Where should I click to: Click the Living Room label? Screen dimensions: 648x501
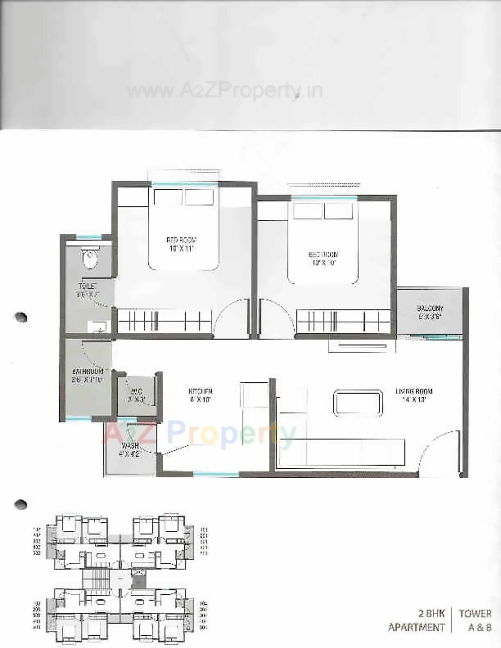tap(414, 391)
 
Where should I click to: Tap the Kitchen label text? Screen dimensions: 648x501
tap(200, 391)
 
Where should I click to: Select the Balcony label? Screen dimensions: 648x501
tap(430, 308)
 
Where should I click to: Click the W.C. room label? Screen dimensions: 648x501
tap(136, 391)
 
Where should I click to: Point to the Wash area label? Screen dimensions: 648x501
tap(130, 446)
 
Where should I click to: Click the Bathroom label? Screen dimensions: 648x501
tap(88, 371)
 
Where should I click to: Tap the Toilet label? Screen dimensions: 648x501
tap(87, 286)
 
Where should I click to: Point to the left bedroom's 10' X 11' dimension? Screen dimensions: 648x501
tap(182, 249)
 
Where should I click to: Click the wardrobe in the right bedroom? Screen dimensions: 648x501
tap(343, 322)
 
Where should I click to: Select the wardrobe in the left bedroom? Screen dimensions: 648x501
tap(164, 322)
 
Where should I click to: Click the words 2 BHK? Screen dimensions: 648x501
tap(431, 614)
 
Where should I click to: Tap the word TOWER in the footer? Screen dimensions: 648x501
tap(475, 614)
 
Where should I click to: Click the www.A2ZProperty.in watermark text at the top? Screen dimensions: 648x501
tap(225, 91)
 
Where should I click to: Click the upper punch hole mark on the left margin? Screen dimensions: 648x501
tap(20, 317)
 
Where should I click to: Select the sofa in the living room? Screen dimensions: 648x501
tap(341, 452)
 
